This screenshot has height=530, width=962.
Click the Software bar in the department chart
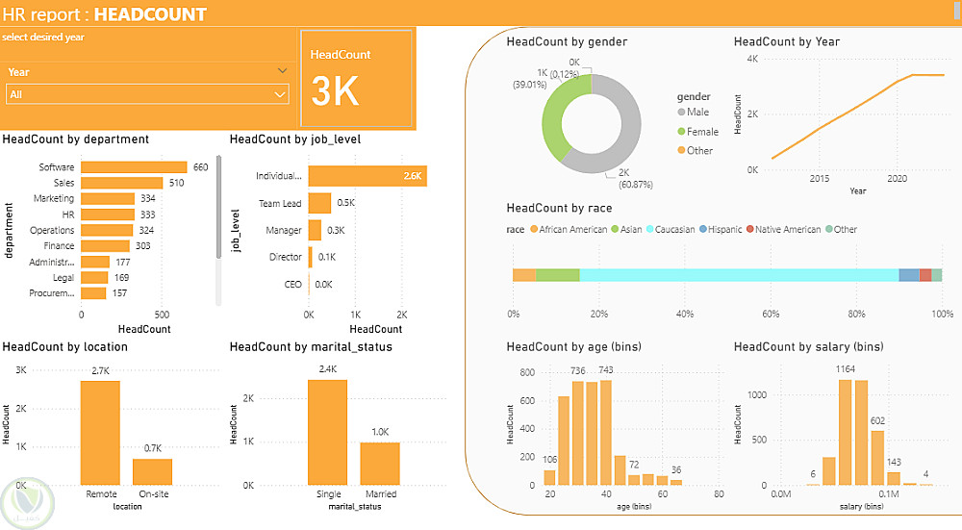(x=134, y=166)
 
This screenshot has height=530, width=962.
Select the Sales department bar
(x=122, y=183)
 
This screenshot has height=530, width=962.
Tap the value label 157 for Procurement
(x=119, y=293)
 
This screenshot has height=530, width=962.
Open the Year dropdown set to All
(x=147, y=94)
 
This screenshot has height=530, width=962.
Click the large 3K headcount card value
(x=335, y=91)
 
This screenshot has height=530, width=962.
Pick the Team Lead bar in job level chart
(x=319, y=203)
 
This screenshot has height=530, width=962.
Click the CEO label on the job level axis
(x=292, y=284)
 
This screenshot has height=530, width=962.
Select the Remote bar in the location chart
(x=101, y=433)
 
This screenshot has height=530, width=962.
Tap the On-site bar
(x=153, y=471)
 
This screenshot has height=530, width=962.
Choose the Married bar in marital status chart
(x=380, y=464)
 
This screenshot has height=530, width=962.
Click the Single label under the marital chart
(x=329, y=493)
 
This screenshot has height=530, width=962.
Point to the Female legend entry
(x=697, y=131)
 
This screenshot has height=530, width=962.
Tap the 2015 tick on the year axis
(x=819, y=179)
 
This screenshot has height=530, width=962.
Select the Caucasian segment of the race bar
(x=739, y=275)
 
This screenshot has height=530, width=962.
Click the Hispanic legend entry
(x=721, y=230)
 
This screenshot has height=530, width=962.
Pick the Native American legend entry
(x=783, y=230)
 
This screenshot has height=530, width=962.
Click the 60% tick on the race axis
(x=771, y=314)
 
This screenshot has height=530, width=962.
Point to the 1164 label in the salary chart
(x=845, y=368)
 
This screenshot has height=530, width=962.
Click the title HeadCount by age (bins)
(x=573, y=346)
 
